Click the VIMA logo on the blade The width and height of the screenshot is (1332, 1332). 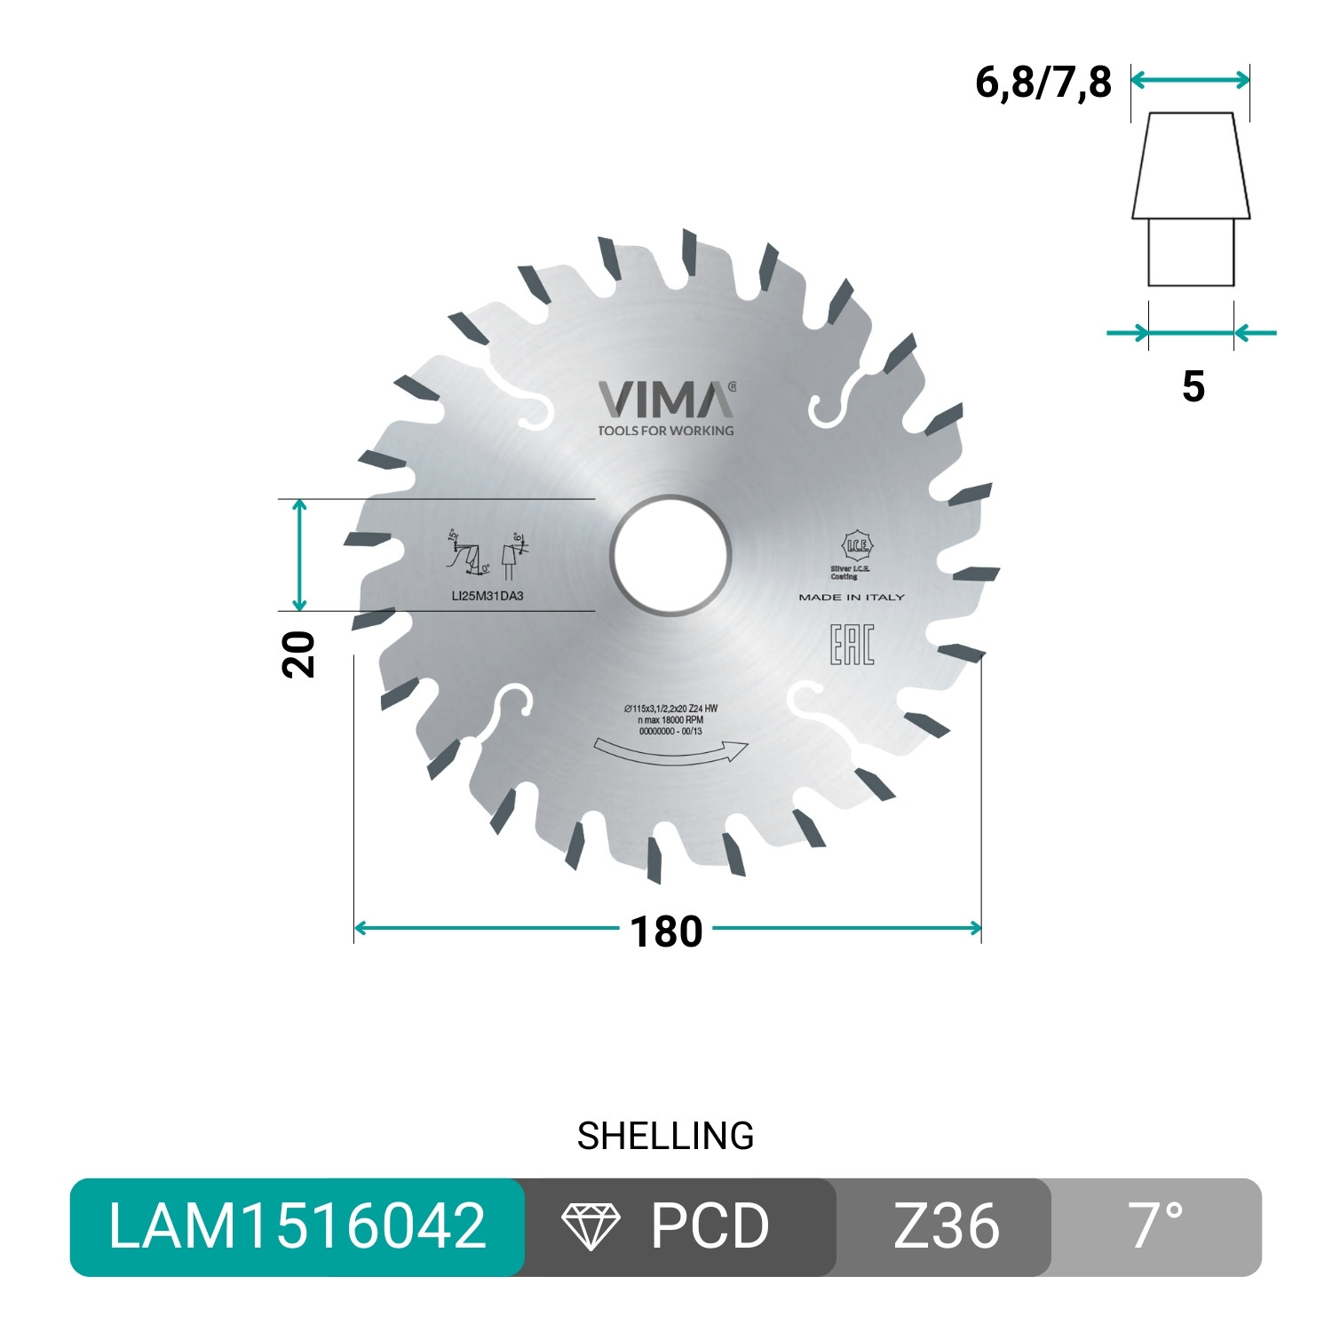[665, 400]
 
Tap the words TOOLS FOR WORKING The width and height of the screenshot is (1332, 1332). [666, 431]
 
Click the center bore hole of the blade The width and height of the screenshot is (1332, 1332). [670, 557]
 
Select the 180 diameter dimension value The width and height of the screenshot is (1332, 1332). [666, 932]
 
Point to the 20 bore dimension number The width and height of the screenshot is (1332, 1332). [299, 654]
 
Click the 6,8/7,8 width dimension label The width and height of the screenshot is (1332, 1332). [1043, 83]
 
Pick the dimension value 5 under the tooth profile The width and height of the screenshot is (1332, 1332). [1193, 386]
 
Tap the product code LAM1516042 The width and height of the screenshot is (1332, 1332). [297, 1226]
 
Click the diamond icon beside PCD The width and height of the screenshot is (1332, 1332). [591, 1226]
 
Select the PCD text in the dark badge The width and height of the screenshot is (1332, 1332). [710, 1226]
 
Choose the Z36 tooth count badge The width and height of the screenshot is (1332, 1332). [946, 1226]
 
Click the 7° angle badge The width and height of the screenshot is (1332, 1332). [1156, 1226]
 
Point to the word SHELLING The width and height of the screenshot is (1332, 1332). [666, 1136]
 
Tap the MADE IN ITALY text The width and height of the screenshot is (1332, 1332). [851, 598]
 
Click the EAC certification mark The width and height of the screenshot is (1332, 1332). [852, 645]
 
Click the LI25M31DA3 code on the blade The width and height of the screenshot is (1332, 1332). [488, 596]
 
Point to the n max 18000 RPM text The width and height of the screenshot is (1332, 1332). [670, 720]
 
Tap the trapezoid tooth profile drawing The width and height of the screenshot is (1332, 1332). [1191, 166]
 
